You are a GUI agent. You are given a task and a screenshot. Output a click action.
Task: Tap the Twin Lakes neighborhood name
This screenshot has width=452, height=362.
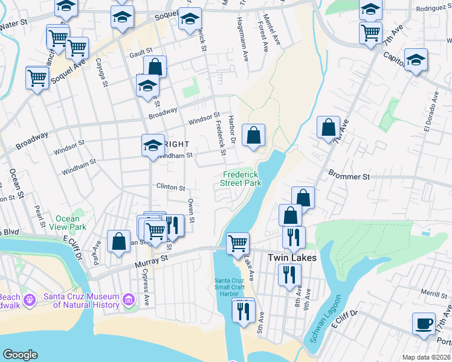292,258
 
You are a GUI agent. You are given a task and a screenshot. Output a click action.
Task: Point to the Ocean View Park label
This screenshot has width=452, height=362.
68,223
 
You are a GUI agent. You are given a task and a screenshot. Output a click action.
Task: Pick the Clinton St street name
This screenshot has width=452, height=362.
170,187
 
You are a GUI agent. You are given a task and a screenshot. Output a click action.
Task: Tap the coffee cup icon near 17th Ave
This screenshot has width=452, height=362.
424,323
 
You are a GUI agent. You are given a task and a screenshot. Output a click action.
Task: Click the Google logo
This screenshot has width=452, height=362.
20,355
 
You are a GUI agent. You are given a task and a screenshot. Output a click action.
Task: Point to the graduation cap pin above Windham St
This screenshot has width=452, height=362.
153,145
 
